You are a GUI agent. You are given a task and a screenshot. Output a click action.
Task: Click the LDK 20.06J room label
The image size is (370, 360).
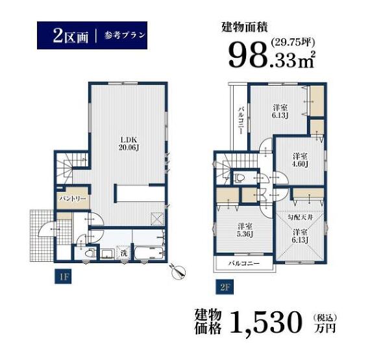[x=128, y=144]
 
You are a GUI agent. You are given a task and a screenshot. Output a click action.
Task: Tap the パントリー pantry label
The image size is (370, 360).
[x=73, y=199]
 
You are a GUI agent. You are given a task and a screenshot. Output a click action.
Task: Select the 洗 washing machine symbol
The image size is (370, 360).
[x=123, y=253]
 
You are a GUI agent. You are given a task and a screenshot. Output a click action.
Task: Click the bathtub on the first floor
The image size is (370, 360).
[x=149, y=253]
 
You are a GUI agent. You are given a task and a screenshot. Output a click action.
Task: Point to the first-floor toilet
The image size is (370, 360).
[x=90, y=254]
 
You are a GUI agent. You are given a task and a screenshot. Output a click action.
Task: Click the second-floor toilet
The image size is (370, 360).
[x=239, y=177]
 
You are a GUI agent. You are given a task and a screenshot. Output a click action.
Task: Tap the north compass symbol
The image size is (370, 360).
[x=178, y=271]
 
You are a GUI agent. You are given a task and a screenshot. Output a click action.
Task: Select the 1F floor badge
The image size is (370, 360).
[x=63, y=277]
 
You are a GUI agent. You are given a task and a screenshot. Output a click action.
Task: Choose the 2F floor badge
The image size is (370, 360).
[x=225, y=287]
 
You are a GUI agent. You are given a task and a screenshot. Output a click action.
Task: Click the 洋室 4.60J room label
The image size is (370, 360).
[x=300, y=160]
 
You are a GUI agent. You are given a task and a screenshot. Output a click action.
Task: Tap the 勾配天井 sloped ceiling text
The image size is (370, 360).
[x=301, y=217]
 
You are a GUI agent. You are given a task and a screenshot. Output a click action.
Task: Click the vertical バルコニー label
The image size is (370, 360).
[x=241, y=120]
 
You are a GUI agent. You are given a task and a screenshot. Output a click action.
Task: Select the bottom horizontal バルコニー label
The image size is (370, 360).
[x=244, y=263]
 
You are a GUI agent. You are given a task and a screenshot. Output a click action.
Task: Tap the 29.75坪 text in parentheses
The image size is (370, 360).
[x=293, y=42]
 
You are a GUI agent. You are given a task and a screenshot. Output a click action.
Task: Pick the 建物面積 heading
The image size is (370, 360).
[x=245, y=27]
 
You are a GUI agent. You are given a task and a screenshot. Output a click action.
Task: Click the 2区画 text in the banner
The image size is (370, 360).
[x=71, y=36]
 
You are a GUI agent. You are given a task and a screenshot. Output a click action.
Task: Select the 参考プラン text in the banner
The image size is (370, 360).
[x=125, y=36]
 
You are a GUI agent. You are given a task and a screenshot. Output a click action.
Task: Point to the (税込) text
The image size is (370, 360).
[x=325, y=318]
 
